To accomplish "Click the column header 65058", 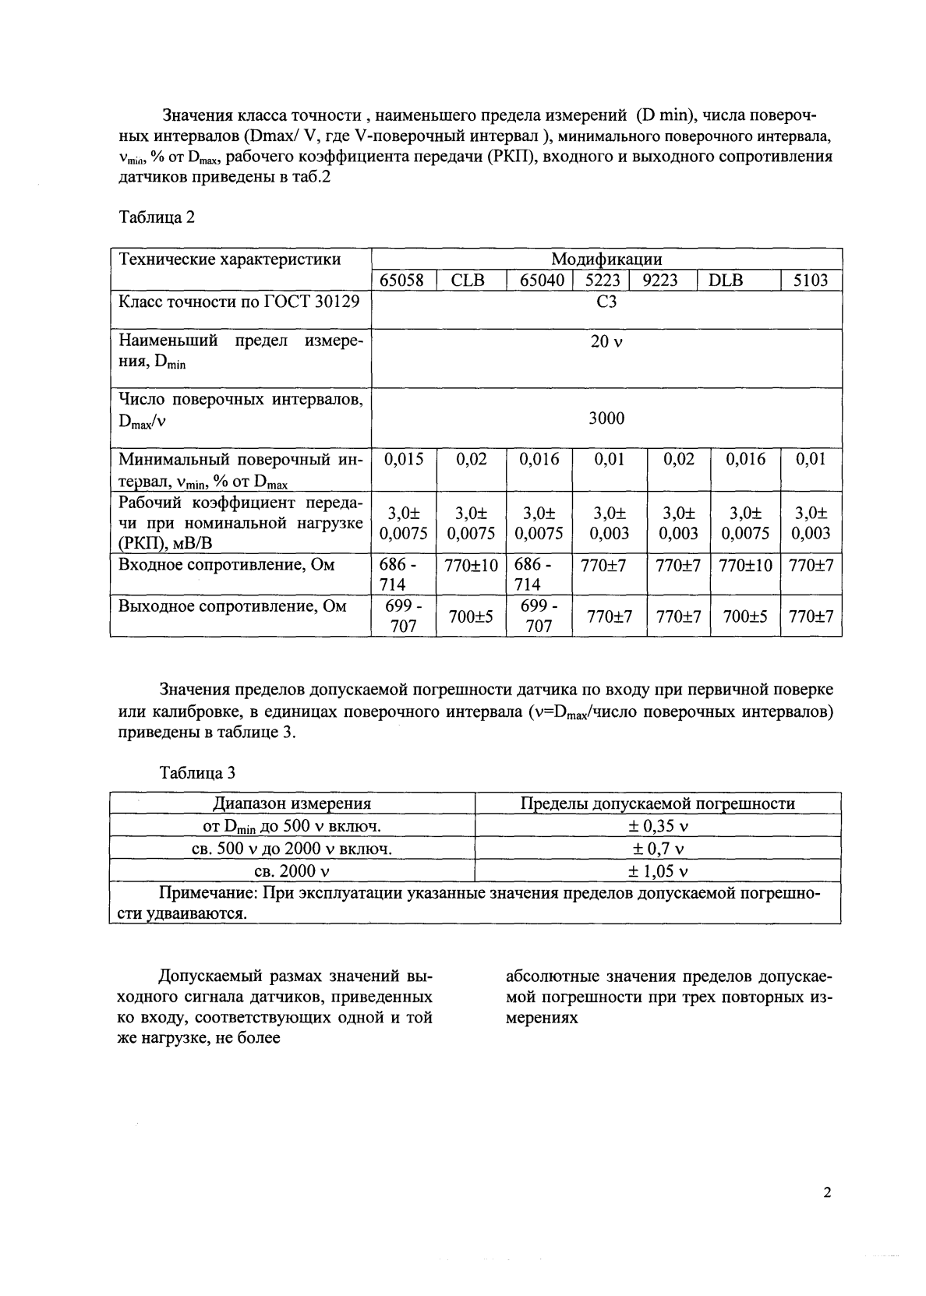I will pos(401,281).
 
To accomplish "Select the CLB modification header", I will pos(468,281).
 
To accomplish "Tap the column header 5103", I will pos(810,281).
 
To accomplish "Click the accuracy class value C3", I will pos(606,302).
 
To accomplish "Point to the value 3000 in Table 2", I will pos(606,418).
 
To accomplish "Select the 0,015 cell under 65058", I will pos(404,460).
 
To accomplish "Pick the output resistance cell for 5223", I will pos(609,616).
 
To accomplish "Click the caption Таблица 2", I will pos(156,217).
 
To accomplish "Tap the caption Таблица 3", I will pos(197,773).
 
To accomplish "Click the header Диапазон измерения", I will pos(292,803).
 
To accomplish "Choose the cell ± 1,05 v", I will pos(658,871).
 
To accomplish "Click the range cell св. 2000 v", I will pos(292,871).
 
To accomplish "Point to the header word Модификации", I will pos(606,260).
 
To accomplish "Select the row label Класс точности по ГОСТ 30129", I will pos(239,301).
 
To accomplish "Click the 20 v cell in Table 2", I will pos(606,342).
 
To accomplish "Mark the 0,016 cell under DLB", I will pos(745,460).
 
